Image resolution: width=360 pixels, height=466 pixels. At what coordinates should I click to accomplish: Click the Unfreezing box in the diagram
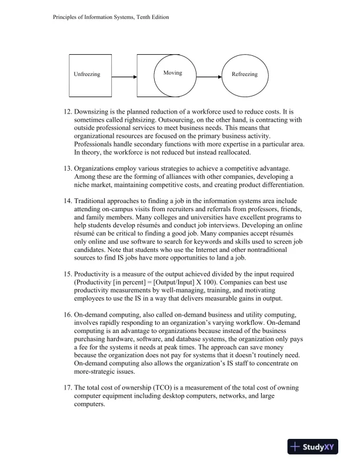point(86,75)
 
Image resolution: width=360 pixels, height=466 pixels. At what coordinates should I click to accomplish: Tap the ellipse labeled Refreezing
point(244,75)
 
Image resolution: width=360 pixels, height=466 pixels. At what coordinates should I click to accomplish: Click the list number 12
point(66,112)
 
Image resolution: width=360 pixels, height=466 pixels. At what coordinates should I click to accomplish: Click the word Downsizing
point(94,112)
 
